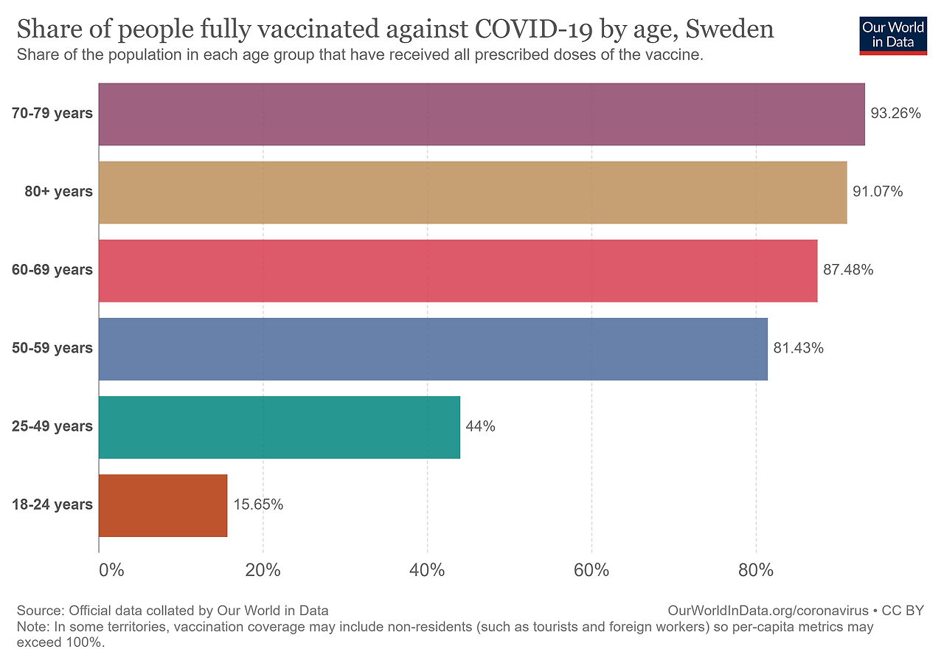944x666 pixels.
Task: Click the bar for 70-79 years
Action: tap(481, 114)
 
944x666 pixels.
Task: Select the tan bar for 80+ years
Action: tap(472, 192)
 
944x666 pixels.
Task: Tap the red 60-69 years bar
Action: tap(457, 271)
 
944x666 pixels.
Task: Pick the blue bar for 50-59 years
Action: tap(433, 349)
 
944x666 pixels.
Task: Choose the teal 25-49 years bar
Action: tap(279, 427)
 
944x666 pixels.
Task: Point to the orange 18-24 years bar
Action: tap(163, 505)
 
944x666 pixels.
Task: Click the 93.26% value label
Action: tap(896, 114)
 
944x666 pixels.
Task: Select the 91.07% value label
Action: tap(878, 192)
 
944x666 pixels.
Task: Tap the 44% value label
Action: tap(480, 426)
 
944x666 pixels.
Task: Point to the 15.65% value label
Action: tap(258, 504)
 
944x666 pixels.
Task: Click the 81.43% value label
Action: tap(799, 348)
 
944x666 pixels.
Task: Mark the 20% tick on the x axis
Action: tap(263, 570)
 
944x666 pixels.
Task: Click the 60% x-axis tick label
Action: tap(591, 570)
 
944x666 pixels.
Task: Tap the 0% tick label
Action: tap(111, 570)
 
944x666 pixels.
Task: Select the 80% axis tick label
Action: tap(756, 570)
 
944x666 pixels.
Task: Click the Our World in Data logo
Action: tap(893, 35)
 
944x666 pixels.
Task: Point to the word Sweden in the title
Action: tap(730, 30)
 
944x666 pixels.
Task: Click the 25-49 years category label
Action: tap(52, 426)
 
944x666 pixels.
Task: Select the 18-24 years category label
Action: tap(52, 504)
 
